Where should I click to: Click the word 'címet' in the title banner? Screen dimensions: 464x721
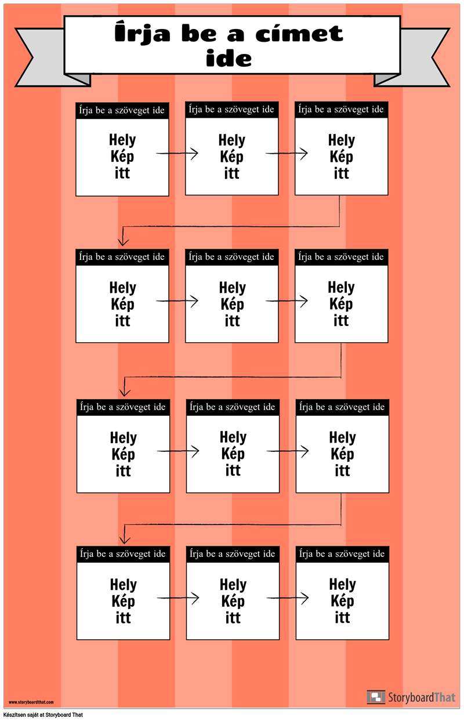[x=299, y=34]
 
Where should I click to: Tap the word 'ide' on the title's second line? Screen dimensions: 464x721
[x=229, y=58]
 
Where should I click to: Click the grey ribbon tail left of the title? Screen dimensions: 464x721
[x=48, y=57]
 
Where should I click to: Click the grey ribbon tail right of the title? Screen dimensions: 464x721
[x=415, y=57]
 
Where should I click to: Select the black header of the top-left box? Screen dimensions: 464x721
[x=122, y=110]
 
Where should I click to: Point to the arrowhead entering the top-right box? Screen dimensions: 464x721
[x=304, y=154]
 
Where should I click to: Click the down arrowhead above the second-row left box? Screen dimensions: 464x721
[x=123, y=241]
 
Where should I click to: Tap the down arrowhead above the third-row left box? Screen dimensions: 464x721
[x=125, y=392]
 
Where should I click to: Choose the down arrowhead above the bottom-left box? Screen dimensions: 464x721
[x=125, y=539]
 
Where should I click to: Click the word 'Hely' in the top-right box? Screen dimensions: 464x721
[x=342, y=140]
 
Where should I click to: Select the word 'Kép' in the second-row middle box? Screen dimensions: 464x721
[x=233, y=305]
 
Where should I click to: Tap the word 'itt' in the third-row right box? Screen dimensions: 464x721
[x=342, y=470]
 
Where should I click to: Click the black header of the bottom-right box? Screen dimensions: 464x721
[x=342, y=554]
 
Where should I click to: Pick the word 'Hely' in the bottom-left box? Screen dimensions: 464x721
[x=123, y=585]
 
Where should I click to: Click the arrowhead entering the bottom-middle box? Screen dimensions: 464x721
[x=195, y=598]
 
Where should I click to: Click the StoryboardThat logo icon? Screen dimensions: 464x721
[x=376, y=697]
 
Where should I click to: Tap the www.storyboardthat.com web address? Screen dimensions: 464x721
[x=31, y=702]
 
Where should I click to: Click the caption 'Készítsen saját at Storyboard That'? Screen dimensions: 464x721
[x=43, y=715]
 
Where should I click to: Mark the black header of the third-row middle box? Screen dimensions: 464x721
[x=233, y=408]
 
